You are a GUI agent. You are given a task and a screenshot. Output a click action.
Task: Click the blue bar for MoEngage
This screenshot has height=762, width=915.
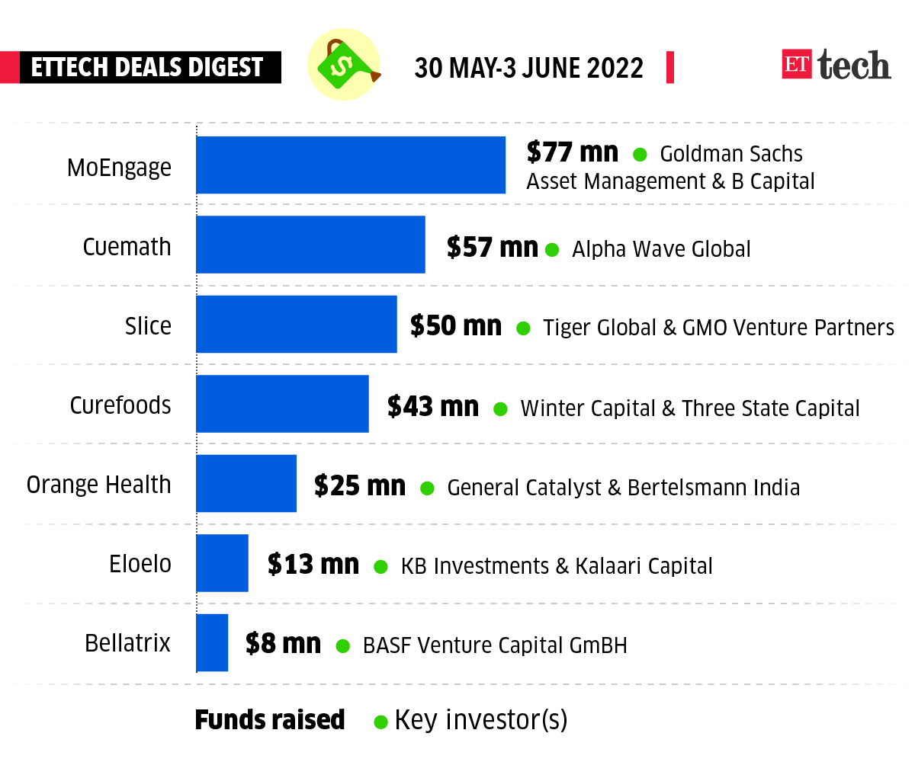click(351, 165)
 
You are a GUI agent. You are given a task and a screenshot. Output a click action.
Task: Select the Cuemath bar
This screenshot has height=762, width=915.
click(310, 245)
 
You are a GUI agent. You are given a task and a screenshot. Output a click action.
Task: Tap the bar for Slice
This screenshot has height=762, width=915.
click(297, 324)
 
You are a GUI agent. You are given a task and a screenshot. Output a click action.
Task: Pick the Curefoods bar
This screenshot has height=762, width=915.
click(282, 404)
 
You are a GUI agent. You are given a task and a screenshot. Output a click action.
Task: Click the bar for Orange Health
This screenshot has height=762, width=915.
click(246, 483)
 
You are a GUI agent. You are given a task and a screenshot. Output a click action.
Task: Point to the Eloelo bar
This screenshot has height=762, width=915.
click(222, 563)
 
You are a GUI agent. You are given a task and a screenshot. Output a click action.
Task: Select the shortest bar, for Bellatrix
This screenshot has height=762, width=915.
click(212, 642)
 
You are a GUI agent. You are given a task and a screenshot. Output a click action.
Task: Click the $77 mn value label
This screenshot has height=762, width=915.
click(572, 152)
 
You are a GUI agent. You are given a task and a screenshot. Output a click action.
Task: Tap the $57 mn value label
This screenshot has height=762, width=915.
click(492, 247)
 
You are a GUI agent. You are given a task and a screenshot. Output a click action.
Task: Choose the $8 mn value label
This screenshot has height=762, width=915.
click(283, 644)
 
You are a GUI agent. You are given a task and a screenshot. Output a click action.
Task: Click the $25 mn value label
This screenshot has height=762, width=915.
click(359, 485)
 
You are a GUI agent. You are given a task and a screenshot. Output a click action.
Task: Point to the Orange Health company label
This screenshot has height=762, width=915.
click(99, 485)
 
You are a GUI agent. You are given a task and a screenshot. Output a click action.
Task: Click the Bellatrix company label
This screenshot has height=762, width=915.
click(128, 643)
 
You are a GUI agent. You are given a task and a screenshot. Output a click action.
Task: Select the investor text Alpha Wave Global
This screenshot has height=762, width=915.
click(661, 249)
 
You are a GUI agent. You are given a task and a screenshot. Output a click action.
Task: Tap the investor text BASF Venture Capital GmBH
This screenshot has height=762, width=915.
click(495, 646)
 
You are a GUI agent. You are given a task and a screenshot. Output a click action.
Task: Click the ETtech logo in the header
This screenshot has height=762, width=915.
click(836, 66)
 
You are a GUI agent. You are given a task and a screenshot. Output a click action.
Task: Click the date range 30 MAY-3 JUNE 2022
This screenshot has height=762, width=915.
click(528, 68)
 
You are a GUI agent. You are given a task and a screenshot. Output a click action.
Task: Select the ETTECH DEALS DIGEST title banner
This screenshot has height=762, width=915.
click(147, 67)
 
